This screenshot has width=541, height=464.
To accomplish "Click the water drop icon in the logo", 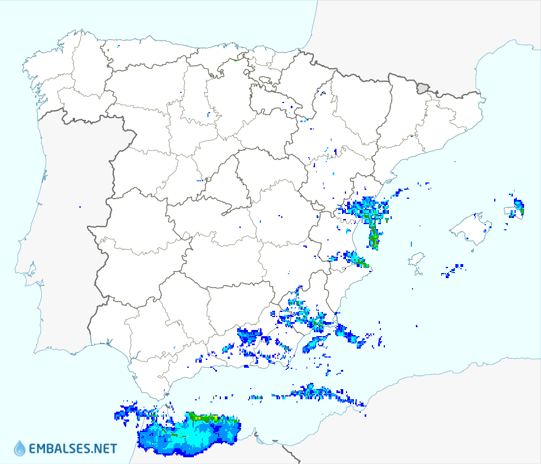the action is pos(20,448).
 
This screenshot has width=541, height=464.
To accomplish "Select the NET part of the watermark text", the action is pos(105,449).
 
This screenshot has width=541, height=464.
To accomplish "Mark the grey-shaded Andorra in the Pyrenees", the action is pos(423,88).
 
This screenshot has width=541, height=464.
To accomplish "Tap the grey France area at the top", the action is pos(394,34).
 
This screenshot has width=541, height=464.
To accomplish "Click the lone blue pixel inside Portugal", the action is pos(80,207).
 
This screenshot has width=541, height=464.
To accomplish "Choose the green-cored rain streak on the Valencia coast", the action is pos(373,237).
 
